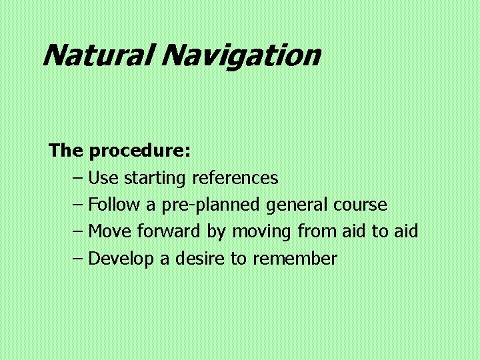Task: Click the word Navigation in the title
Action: point(240,55)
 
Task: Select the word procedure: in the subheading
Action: point(140,151)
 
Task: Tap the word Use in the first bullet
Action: point(103,178)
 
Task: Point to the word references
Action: point(235,178)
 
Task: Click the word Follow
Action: point(112,205)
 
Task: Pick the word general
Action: point(297,205)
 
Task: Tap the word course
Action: point(360,205)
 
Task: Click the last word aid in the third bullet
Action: point(405,231)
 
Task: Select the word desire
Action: point(200,258)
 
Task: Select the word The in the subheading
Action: point(65,151)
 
